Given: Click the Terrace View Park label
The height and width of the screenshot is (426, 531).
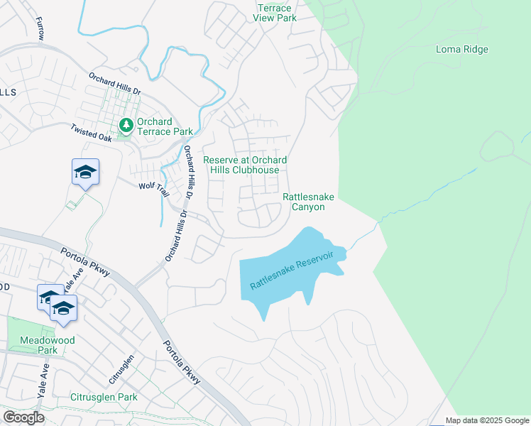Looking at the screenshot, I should click(275, 12).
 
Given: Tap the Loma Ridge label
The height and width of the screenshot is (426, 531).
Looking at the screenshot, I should click(461, 50).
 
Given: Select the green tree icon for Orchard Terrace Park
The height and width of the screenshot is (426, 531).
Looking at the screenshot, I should click(126, 126).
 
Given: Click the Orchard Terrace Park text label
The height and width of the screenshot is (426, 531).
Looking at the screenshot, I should click(165, 126).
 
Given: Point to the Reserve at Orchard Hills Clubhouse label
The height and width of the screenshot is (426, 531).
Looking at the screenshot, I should click(245, 165).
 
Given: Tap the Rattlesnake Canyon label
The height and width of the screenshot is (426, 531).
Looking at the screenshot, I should click(308, 202).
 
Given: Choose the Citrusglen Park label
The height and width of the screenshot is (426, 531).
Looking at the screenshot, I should click(104, 397).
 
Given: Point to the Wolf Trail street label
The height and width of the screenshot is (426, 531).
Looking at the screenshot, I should click(154, 189).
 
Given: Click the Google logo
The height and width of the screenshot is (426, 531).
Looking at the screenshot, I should click(23, 417).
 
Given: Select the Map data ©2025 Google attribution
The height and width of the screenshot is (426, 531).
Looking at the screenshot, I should click(487, 420).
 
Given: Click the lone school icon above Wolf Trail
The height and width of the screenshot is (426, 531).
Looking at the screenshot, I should click(85, 172).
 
